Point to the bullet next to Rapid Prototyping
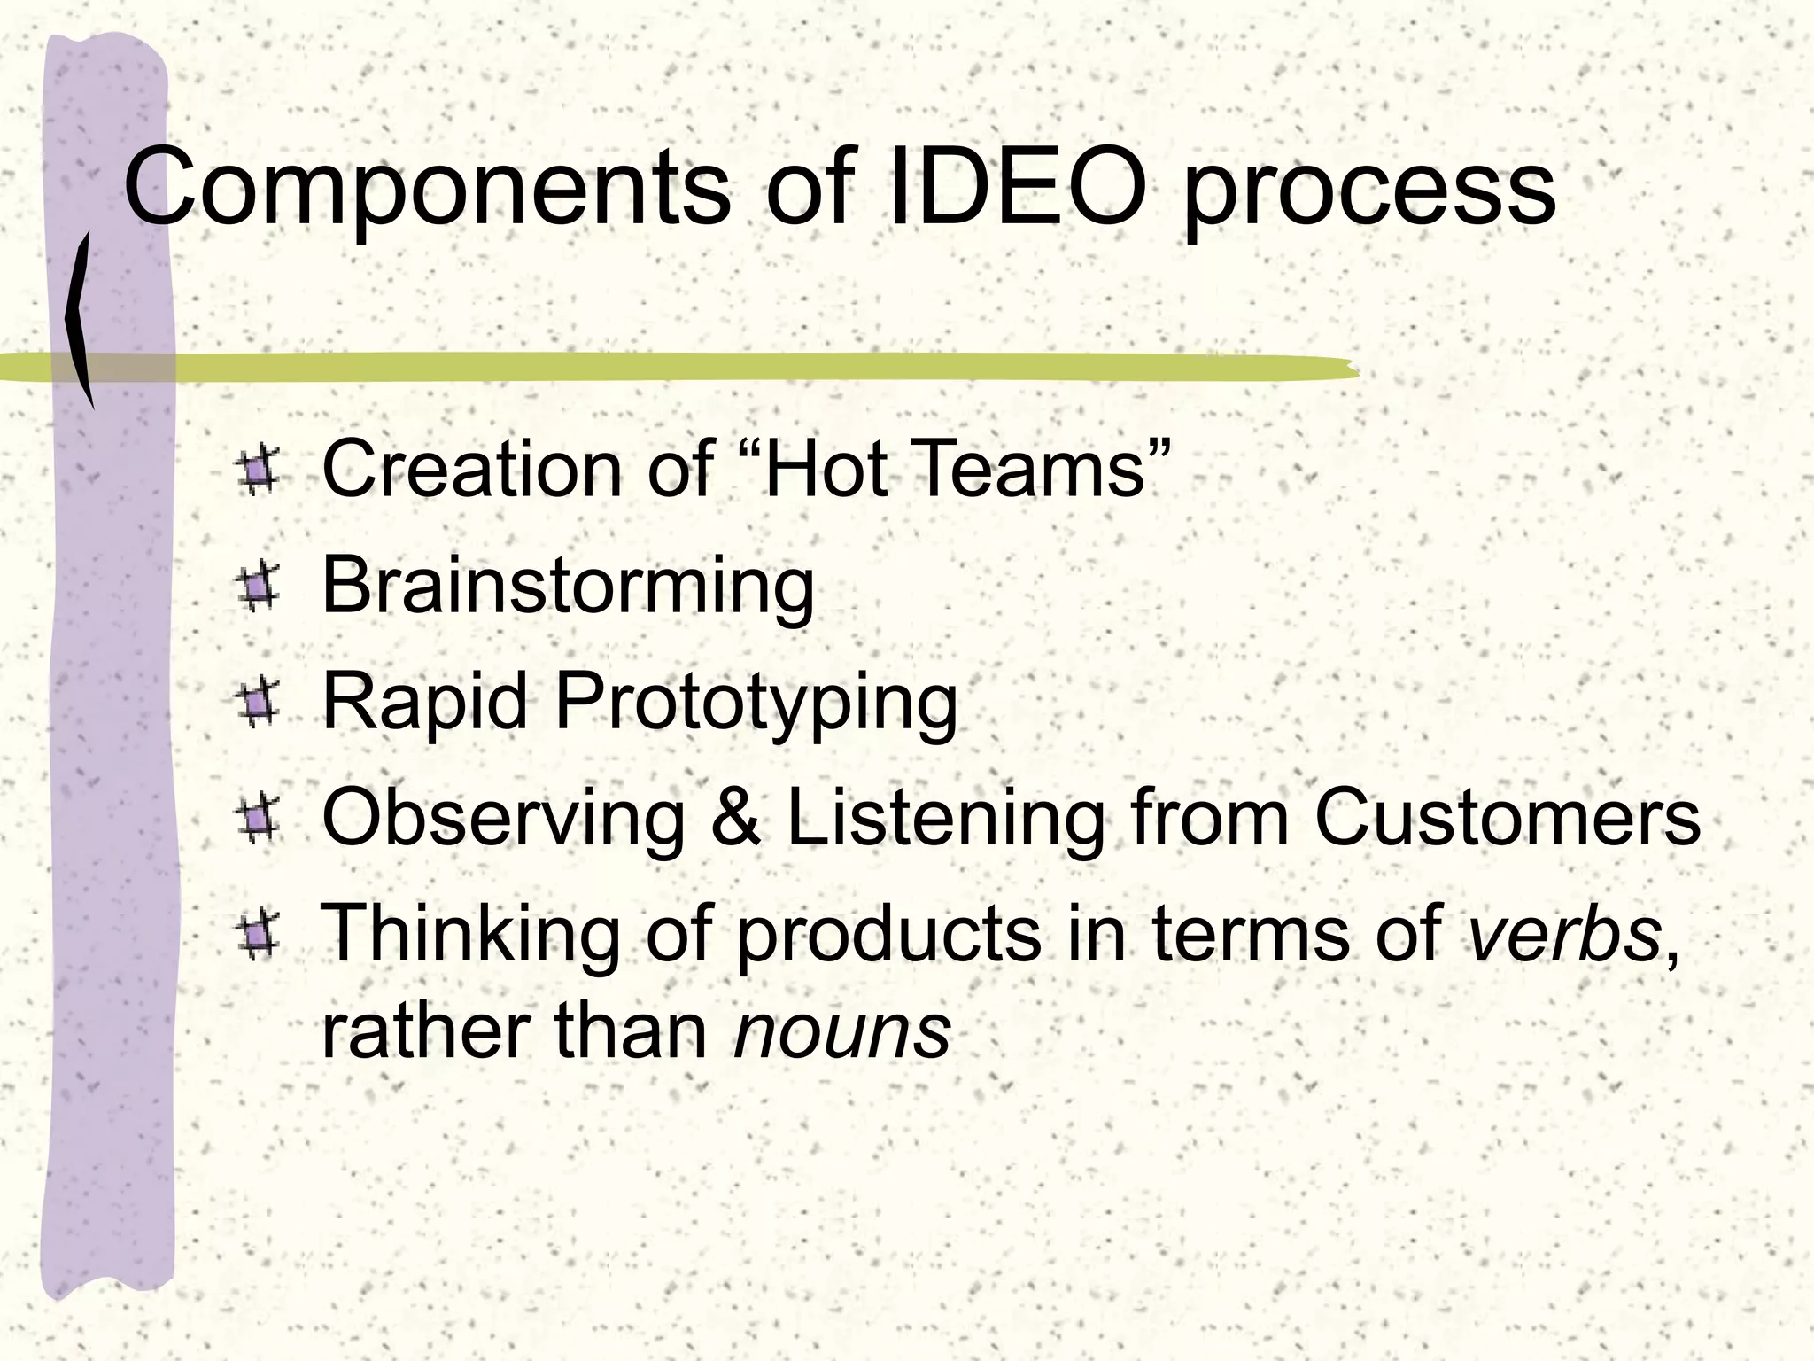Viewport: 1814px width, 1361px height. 259,704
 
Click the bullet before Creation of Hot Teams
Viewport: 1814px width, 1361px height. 259,471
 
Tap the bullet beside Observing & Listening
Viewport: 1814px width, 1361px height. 259,820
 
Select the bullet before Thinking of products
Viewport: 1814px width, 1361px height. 259,937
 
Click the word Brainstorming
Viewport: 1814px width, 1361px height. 567,587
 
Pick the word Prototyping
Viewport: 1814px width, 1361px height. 756,704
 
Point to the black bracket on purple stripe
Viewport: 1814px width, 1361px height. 80,319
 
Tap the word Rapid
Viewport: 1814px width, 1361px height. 424,704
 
